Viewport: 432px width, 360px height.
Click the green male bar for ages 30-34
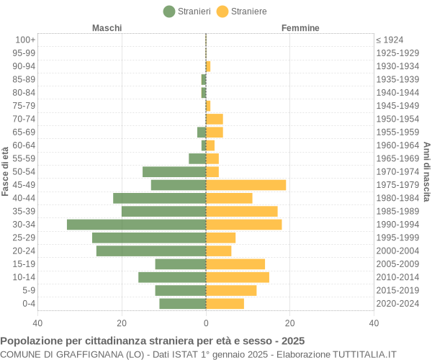point(137,225)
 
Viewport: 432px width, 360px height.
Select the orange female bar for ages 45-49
point(246,185)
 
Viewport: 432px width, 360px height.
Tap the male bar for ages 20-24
point(151,251)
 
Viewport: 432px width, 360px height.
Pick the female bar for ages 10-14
point(238,277)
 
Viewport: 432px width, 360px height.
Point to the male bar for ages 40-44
point(160,198)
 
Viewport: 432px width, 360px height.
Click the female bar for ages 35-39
point(242,211)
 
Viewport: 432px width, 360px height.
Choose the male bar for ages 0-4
point(183,303)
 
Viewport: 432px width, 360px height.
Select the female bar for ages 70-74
point(215,119)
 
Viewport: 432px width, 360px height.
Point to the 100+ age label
point(25,40)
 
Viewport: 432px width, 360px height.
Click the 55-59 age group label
point(24,158)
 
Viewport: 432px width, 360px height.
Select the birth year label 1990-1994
point(397,225)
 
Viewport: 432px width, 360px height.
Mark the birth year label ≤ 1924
point(390,40)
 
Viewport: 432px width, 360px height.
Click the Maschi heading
point(107,28)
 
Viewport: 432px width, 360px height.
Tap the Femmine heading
point(300,28)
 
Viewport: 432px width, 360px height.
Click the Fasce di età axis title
point(5,171)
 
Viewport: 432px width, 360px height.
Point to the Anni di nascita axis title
point(426,171)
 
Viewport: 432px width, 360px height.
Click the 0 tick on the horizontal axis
point(206,323)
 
